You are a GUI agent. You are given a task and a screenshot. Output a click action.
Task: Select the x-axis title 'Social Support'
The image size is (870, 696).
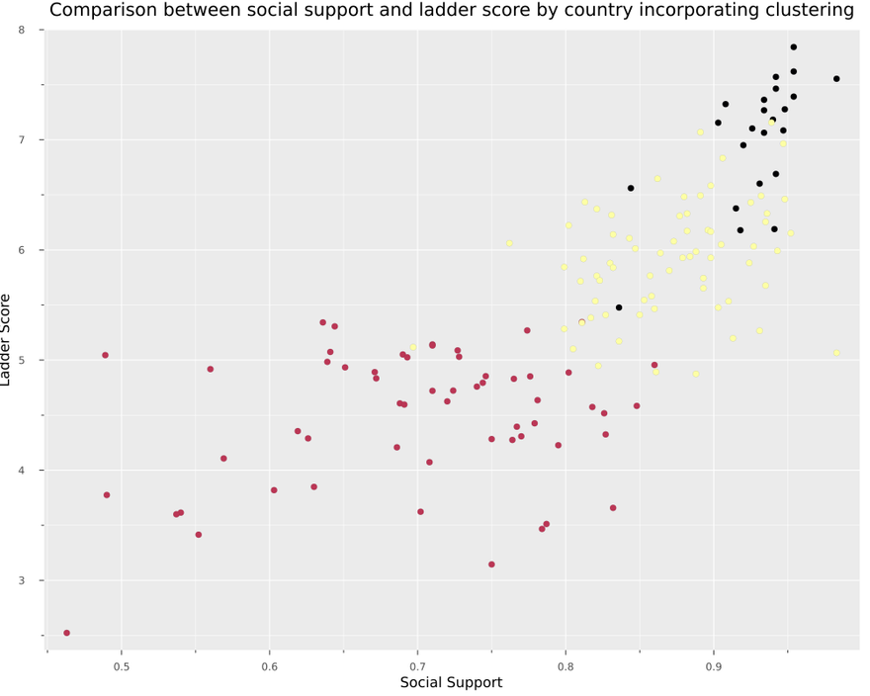click(451, 683)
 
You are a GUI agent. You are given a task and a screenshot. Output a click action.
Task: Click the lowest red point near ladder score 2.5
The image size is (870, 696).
click(66, 633)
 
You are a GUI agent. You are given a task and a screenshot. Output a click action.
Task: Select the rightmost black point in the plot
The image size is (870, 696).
click(836, 79)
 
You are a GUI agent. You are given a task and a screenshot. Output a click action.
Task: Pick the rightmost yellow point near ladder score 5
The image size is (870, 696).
click(836, 353)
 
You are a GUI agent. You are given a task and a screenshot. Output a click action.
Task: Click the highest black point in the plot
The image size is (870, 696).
click(793, 47)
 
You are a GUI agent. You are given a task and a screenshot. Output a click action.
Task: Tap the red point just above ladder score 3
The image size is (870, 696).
click(491, 565)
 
